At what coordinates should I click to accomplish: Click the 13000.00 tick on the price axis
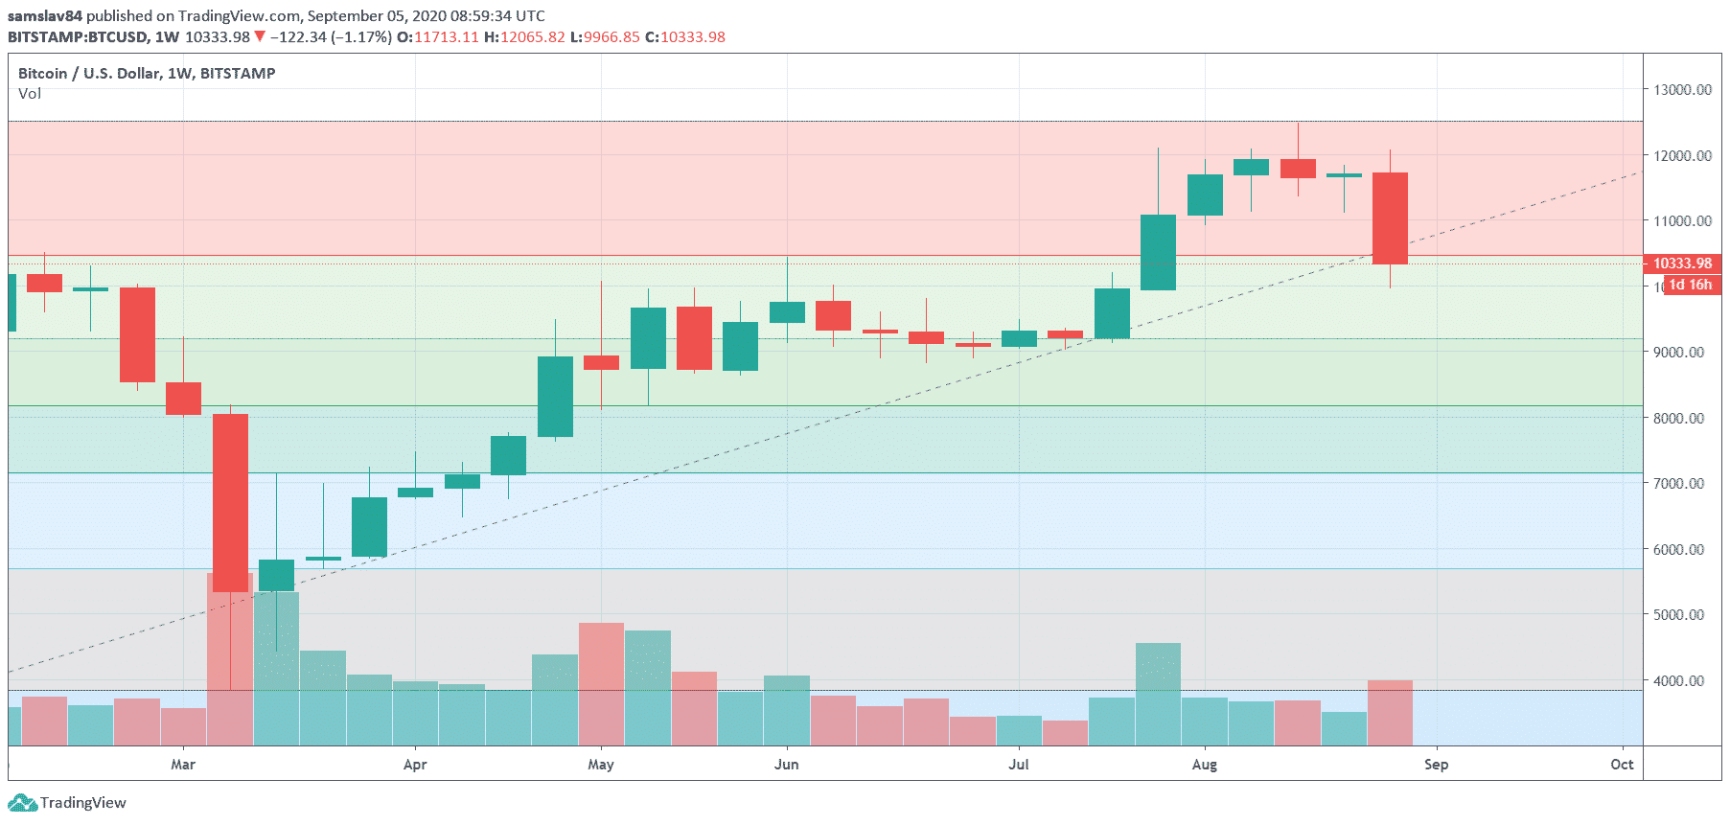coord(1682,90)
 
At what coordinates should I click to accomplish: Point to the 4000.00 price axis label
coord(1682,681)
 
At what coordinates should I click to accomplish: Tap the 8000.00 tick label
coord(1682,419)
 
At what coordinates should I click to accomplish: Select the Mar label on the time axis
coord(182,765)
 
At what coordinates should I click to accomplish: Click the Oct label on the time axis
coord(1622,765)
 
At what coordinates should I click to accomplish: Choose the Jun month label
coord(786,765)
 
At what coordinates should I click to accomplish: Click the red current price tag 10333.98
coord(1682,264)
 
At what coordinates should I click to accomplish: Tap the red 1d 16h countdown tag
coord(1691,285)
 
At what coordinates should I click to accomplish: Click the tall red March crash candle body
coord(230,502)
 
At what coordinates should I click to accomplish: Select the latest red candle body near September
coord(1390,218)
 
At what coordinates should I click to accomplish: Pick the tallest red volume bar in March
coord(230,661)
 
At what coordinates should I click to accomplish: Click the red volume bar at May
coord(601,684)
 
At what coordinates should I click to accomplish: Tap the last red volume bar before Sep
coord(1390,713)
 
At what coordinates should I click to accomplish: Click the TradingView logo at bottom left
coord(67,803)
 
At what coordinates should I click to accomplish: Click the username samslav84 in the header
coord(45,16)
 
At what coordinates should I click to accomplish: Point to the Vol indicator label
coord(30,94)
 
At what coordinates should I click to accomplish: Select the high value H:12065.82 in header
coord(524,37)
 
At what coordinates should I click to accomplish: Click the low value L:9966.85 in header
coord(605,37)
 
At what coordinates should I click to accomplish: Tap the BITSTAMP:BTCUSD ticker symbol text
coord(78,37)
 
